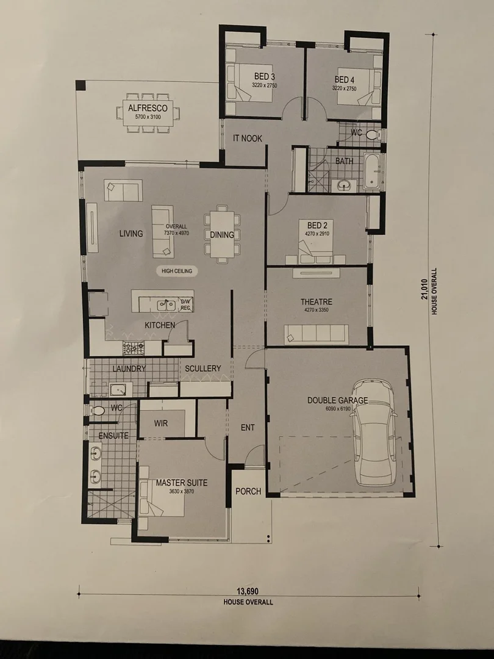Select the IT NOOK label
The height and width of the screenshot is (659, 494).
[248, 139]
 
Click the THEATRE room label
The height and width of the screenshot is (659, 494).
[316, 302]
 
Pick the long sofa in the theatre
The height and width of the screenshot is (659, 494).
[317, 334]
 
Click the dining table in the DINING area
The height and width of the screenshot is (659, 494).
[222, 235]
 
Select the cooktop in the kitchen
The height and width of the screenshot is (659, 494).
[134, 348]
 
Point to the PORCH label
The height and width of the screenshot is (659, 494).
[248, 491]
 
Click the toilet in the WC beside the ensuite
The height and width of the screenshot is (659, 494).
[98, 411]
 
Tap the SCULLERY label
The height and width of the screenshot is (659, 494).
[203, 369]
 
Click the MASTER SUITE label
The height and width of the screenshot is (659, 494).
[181, 483]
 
